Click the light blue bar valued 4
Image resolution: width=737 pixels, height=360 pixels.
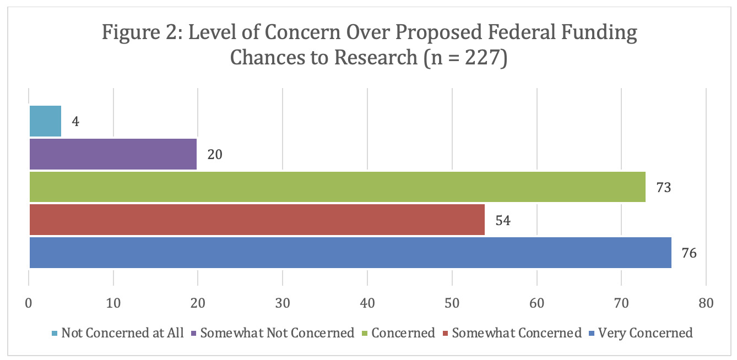(x=45, y=121)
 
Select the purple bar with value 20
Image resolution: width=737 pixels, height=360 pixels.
(x=113, y=154)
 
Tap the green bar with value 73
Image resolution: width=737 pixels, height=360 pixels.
(x=337, y=187)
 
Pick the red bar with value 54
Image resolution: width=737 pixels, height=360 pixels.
(x=257, y=220)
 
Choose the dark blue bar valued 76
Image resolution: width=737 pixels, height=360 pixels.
(x=350, y=253)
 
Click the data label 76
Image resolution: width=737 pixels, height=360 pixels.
(x=689, y=253)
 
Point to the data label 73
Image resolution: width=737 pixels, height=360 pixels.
(x=663, y=187)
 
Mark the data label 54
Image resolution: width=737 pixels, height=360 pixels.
(x=502, y=220)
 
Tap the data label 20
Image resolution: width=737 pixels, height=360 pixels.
(x=215, y=154)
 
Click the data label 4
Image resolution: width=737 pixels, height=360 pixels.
(x=75, y=121)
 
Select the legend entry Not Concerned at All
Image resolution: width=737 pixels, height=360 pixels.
(x=122, y=333)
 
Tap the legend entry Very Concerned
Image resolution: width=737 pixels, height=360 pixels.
(x=645, y=333)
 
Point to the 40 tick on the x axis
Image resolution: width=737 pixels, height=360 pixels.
(x=367, y=303)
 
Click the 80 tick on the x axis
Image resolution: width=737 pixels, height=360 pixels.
(x=706, y=303)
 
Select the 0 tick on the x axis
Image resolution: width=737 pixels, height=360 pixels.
(x=29, y=303)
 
